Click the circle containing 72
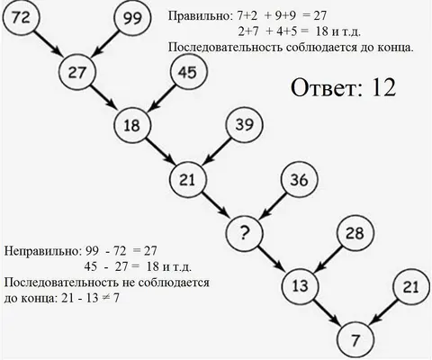click(21, 18)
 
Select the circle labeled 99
click(132, 18)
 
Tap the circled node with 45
click(188, 72)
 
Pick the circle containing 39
click(244, 125)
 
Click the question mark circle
click(244, 233)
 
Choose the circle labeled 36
click(300, 180)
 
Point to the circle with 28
click(355, 233)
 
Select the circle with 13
click(300, 285)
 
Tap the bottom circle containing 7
click(355, 340)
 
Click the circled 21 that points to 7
click(411, 287)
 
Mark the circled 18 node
click(132, 125)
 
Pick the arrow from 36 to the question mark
click(274, 205)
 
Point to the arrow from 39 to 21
click(218, 151)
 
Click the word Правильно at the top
click(200, 15)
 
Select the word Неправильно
click(42, 251)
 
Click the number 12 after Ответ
click(383, 87)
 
